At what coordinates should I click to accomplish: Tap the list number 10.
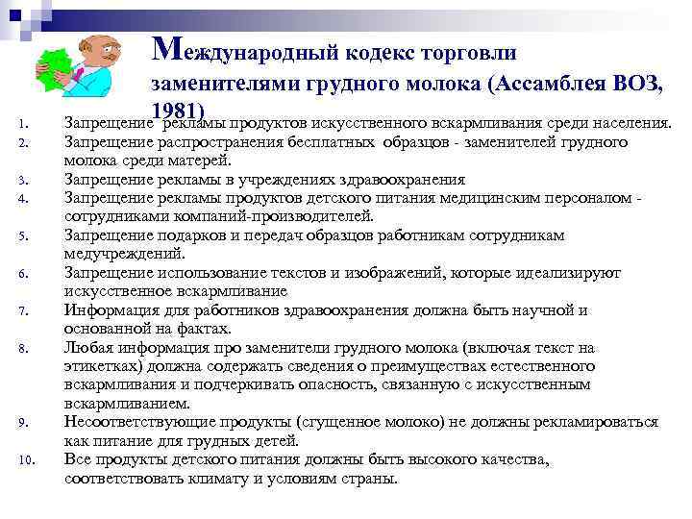[30, 459]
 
